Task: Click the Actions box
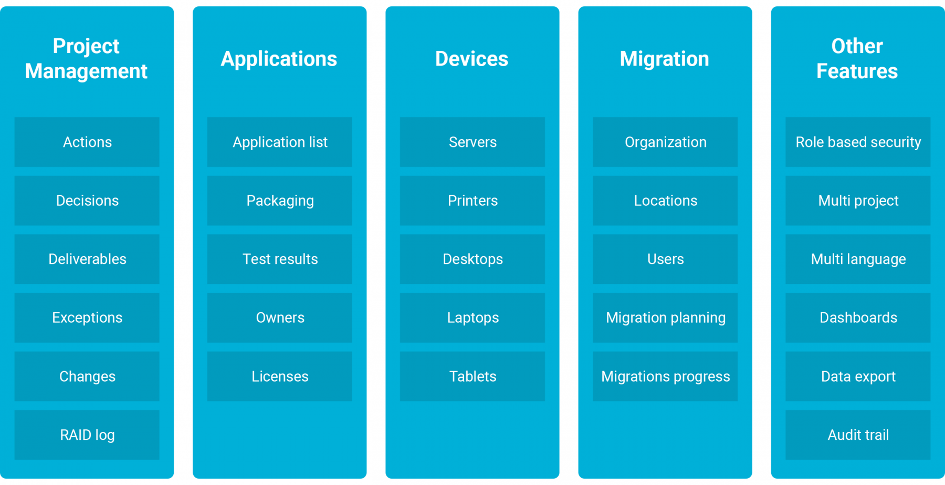tap(87, 142)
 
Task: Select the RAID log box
tap(87, 435)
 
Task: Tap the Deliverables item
tap(87, 259)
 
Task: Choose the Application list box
tap(280, 142)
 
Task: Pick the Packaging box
tap(280, 201)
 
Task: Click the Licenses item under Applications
tap(280, 376)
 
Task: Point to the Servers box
tap(472, 142)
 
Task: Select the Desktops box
tap(472, 259)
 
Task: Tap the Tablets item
tap(472, 376)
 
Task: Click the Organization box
tap(665, 142)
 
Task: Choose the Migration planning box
tap(665, 318)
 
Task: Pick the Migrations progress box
tap(665, 376)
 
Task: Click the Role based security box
tap(858, 142)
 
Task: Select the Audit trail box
tap(858, 435)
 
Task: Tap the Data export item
tap(858, 376)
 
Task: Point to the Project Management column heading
tap(86, 59)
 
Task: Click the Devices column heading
tap(471, 59)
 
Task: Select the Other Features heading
tap(857, 59)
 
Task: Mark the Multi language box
tap(858, 259)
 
